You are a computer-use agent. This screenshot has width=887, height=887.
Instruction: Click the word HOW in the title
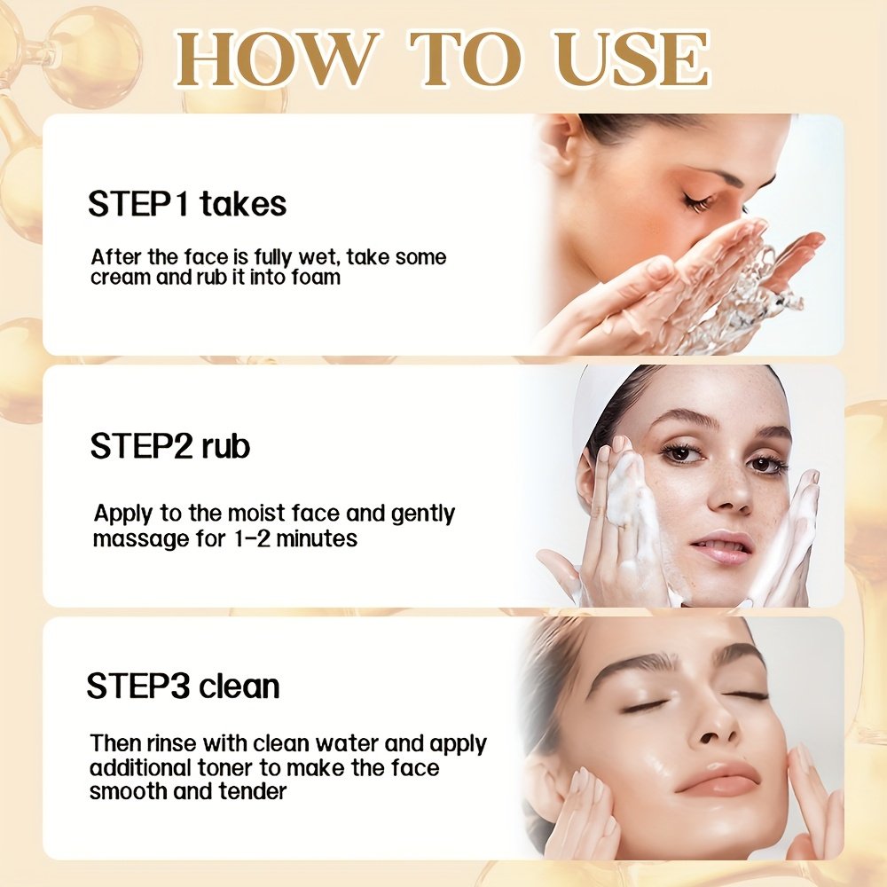point(277,59)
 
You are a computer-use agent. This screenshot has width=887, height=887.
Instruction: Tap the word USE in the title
point(631,59)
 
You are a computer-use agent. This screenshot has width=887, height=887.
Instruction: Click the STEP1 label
point(137,204)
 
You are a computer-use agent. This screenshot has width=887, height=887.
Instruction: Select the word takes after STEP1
point(243,204)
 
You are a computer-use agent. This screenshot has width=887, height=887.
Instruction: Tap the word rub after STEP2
point(225,446)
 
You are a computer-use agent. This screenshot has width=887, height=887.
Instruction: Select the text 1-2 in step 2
point(252,538)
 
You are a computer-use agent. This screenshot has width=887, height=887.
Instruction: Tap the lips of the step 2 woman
point(723,547)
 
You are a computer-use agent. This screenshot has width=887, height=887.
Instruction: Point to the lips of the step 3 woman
point(718,778)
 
